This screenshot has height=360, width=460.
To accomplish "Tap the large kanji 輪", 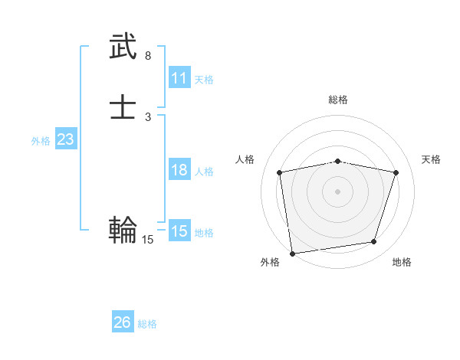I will (123, 229).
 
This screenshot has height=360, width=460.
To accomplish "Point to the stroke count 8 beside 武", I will (148, 56).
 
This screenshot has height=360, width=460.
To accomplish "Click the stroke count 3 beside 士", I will (148, 117).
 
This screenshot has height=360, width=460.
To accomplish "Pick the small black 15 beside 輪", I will (148, 240).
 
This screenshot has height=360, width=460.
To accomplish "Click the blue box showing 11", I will (179, 78).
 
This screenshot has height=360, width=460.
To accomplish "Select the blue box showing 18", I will (179, 170).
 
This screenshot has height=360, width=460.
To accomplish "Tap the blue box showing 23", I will (65, 139).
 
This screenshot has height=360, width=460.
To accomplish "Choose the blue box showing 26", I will (122, 322).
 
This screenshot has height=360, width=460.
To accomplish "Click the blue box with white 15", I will (179, 231).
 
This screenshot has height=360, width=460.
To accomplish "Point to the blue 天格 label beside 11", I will (204, 80).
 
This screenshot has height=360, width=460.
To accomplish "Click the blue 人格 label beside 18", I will (204, 172).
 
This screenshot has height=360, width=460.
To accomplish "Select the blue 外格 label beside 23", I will (41, 141).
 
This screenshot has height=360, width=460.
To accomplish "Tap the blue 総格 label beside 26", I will (147, 324).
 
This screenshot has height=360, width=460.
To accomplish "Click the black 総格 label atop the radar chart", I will (338, 100).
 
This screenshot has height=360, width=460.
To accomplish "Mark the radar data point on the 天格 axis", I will (396, 172).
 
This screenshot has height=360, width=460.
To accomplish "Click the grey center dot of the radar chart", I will (338, 191).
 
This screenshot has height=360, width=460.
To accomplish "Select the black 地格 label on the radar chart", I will (402, 262).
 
